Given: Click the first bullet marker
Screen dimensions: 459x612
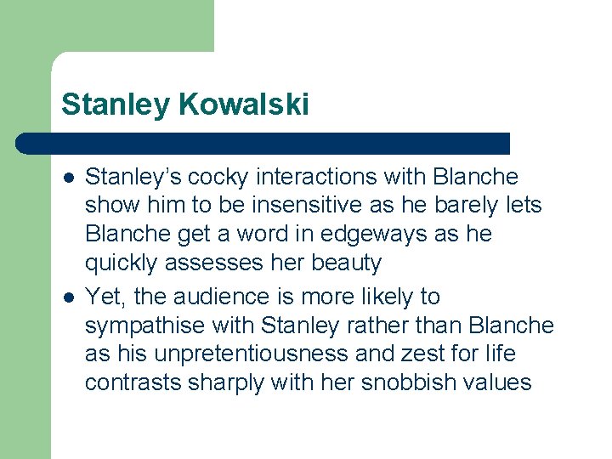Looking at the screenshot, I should point(69,178).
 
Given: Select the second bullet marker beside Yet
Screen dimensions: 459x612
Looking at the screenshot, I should point(69,297).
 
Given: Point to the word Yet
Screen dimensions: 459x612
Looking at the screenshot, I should point(102,297).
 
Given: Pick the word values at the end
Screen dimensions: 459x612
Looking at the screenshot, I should point(498,382).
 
